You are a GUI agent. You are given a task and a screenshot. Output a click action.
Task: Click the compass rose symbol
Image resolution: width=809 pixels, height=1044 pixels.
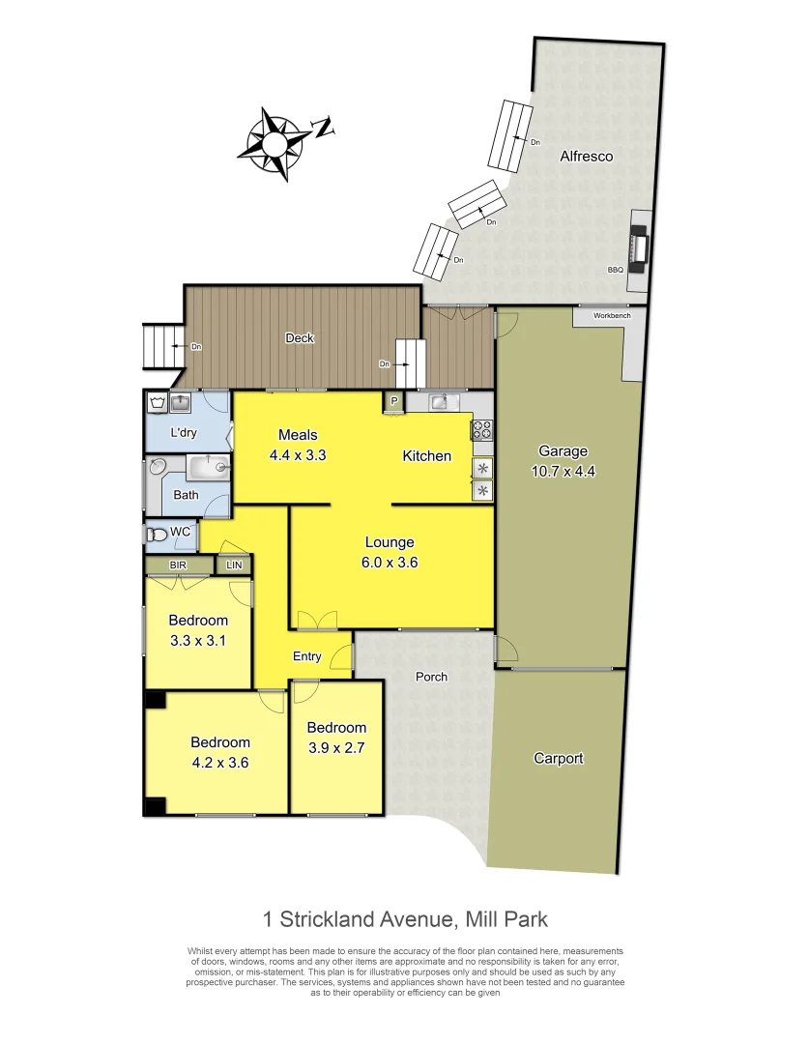(275, 144)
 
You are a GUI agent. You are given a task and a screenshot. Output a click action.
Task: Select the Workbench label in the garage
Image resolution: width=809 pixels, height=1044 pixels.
(612, 315)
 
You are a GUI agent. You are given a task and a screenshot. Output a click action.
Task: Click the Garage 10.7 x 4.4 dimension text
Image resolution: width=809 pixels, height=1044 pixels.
(563, 471)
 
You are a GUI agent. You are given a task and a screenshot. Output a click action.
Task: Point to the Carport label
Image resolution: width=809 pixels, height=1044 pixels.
(559, 759)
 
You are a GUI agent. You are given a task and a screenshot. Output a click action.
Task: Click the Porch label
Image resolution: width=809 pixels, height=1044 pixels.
(431, 677)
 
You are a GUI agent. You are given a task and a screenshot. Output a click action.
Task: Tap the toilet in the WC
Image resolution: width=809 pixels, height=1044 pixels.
(155, 534)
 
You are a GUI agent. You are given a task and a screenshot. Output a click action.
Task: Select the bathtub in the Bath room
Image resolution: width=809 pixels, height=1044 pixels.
(209, 468)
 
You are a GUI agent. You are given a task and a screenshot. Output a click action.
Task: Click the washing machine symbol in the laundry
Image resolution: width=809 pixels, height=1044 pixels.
(157, 402)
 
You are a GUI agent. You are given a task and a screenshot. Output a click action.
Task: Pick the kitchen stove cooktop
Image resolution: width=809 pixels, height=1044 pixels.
(482, 429)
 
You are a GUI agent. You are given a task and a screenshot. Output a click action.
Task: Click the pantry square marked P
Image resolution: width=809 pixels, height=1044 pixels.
(394, 401)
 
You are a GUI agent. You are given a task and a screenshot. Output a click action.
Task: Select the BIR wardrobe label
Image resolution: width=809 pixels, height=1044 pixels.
(178, 565)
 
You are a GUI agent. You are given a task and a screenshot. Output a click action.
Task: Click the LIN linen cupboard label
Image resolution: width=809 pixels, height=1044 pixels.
(234, 565)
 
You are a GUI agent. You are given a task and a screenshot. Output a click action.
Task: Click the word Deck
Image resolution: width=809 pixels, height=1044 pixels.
(300, 338)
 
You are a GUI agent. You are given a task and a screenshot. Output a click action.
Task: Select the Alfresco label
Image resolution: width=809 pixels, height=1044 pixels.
(586, 156)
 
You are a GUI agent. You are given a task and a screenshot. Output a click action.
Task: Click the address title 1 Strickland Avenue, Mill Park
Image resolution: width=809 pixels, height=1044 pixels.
(406, 918)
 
